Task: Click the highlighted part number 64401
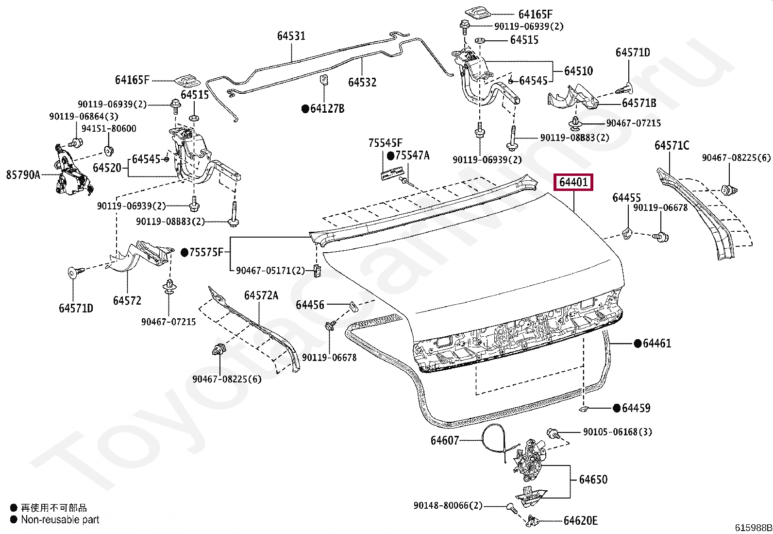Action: point(573,182)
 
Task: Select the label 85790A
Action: point(23,175)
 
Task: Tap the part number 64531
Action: point(291,36)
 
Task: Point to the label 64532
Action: point(362,82)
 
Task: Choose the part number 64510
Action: point(578,71)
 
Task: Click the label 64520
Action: point(107,168)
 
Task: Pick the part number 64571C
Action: point(672,145)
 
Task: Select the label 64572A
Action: point(261,296)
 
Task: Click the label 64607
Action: point(444,440)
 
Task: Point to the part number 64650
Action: point(593,480)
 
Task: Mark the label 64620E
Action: point(580,520)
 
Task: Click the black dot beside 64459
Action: point(617,408)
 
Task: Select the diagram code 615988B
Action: point(753,528)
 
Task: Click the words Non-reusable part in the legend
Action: point(60,519)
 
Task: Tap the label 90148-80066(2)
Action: point(448,506)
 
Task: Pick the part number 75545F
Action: point(385,143)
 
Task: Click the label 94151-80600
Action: point(109,129)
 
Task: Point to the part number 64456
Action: point(310,305)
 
